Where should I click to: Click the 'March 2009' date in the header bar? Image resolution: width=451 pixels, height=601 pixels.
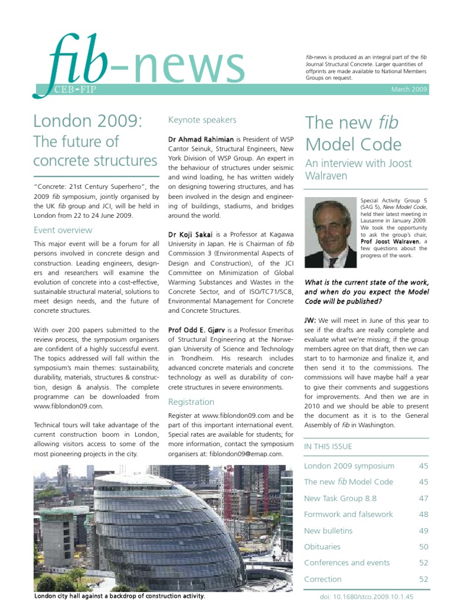pyautogui.click(x=409, y=89)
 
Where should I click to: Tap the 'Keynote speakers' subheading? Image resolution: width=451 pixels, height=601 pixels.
pyautogui.click(x=202, y=120)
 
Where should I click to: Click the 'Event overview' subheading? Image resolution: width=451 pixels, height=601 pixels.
pyautogui.click(x=63, y=230)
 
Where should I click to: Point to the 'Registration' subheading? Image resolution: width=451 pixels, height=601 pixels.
pyautogui.click(x=191, y=402)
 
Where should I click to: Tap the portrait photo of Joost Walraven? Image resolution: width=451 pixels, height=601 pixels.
pyautogui.click(x=330, y=233)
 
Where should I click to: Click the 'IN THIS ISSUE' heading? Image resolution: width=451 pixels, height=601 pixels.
pyautogui.click(x=328, y=447)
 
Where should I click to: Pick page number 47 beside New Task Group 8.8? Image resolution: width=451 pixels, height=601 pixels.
pyautogui.click(x=423, y=498)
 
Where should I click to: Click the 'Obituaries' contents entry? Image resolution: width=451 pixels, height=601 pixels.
pyautogui.click(x=322, y=546)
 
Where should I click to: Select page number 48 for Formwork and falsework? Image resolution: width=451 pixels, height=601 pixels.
pyautogui.click(x=423, y=514)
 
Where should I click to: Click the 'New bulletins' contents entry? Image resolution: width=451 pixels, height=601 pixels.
pyautogui.click(x=328, y=531)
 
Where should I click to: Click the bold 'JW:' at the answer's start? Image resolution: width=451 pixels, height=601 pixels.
pyautogui.click(x=311, y=320)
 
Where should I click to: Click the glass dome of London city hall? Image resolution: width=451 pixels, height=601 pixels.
pyautogui.click(x=153, y=522)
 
